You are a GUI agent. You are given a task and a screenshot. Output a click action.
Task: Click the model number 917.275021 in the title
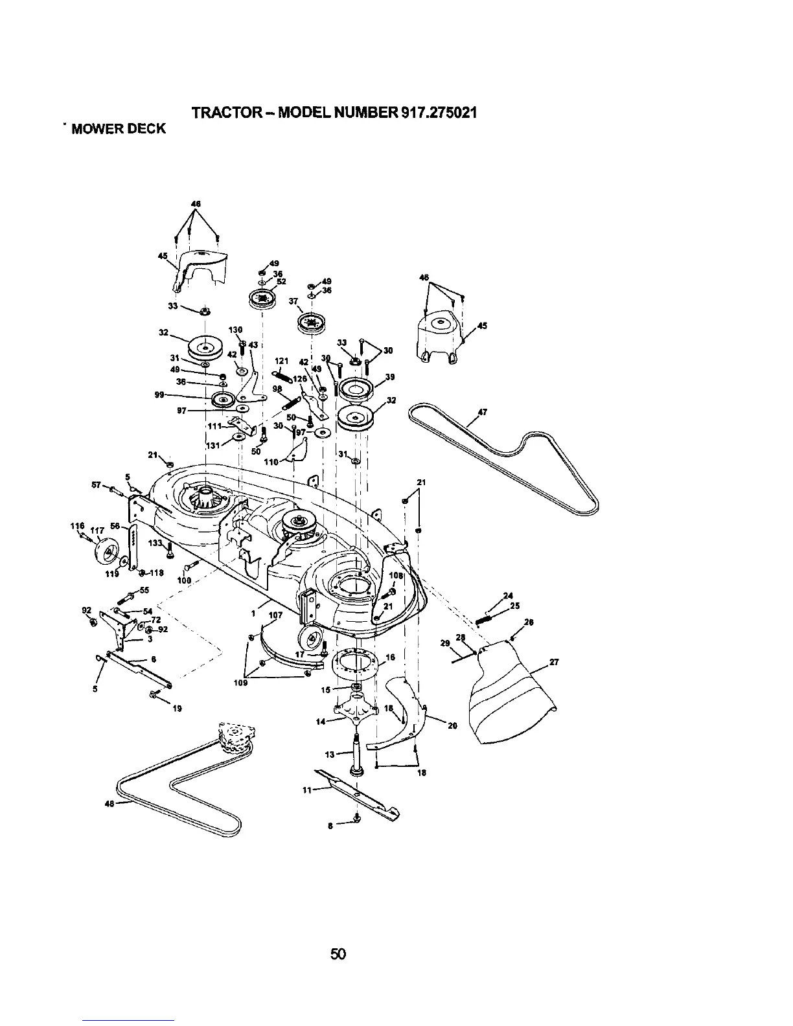pos(428,112)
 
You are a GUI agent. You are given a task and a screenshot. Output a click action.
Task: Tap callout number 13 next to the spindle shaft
pos(329,754)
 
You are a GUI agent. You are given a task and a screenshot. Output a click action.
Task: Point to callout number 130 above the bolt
pos(235,331)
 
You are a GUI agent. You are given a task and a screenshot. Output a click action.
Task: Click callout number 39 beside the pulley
pos(390,377)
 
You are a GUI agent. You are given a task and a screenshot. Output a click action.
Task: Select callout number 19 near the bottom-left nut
pos(176,709)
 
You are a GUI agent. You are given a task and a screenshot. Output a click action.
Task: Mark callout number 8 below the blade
pos(331,825)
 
